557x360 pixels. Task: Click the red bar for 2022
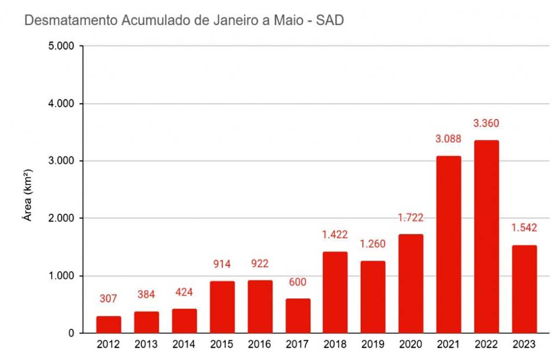click(x=486, y=237)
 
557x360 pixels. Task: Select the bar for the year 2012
click(x=108, y=325)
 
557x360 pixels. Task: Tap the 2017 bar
click(x=298, y=316)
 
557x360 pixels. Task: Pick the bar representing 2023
click(x=524, y=289)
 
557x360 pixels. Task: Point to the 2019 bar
click(x=373, y=297)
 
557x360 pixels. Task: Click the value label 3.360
click(x=486, y=123)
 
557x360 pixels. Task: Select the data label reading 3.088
click(x=449, y=139)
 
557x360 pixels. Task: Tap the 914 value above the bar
click(x=222, y=264)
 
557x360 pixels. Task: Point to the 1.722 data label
click(x=411, y=218)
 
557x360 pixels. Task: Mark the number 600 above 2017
click(x=298, y=282)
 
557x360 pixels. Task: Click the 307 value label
click(x=108, y=299)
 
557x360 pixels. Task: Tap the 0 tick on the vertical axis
click(x=71, y=333)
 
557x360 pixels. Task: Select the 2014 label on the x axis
click(x=184, y=345)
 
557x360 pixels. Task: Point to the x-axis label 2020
click(x=411, y=345)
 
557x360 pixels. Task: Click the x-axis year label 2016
click(x=259, y=345)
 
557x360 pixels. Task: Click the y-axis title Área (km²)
click(x=27, y=195)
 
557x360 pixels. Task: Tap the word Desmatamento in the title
click(x=71, y=21)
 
